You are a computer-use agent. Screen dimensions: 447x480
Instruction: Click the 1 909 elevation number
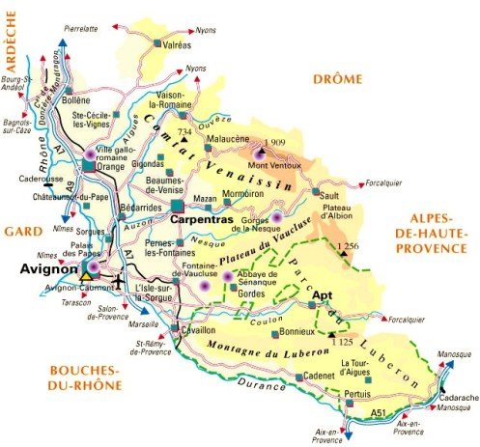[x=277, y=143]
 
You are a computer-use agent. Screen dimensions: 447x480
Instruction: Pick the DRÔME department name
[x=335, y=79]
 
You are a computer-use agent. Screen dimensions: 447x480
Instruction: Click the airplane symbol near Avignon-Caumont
[x=119, y=281]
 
